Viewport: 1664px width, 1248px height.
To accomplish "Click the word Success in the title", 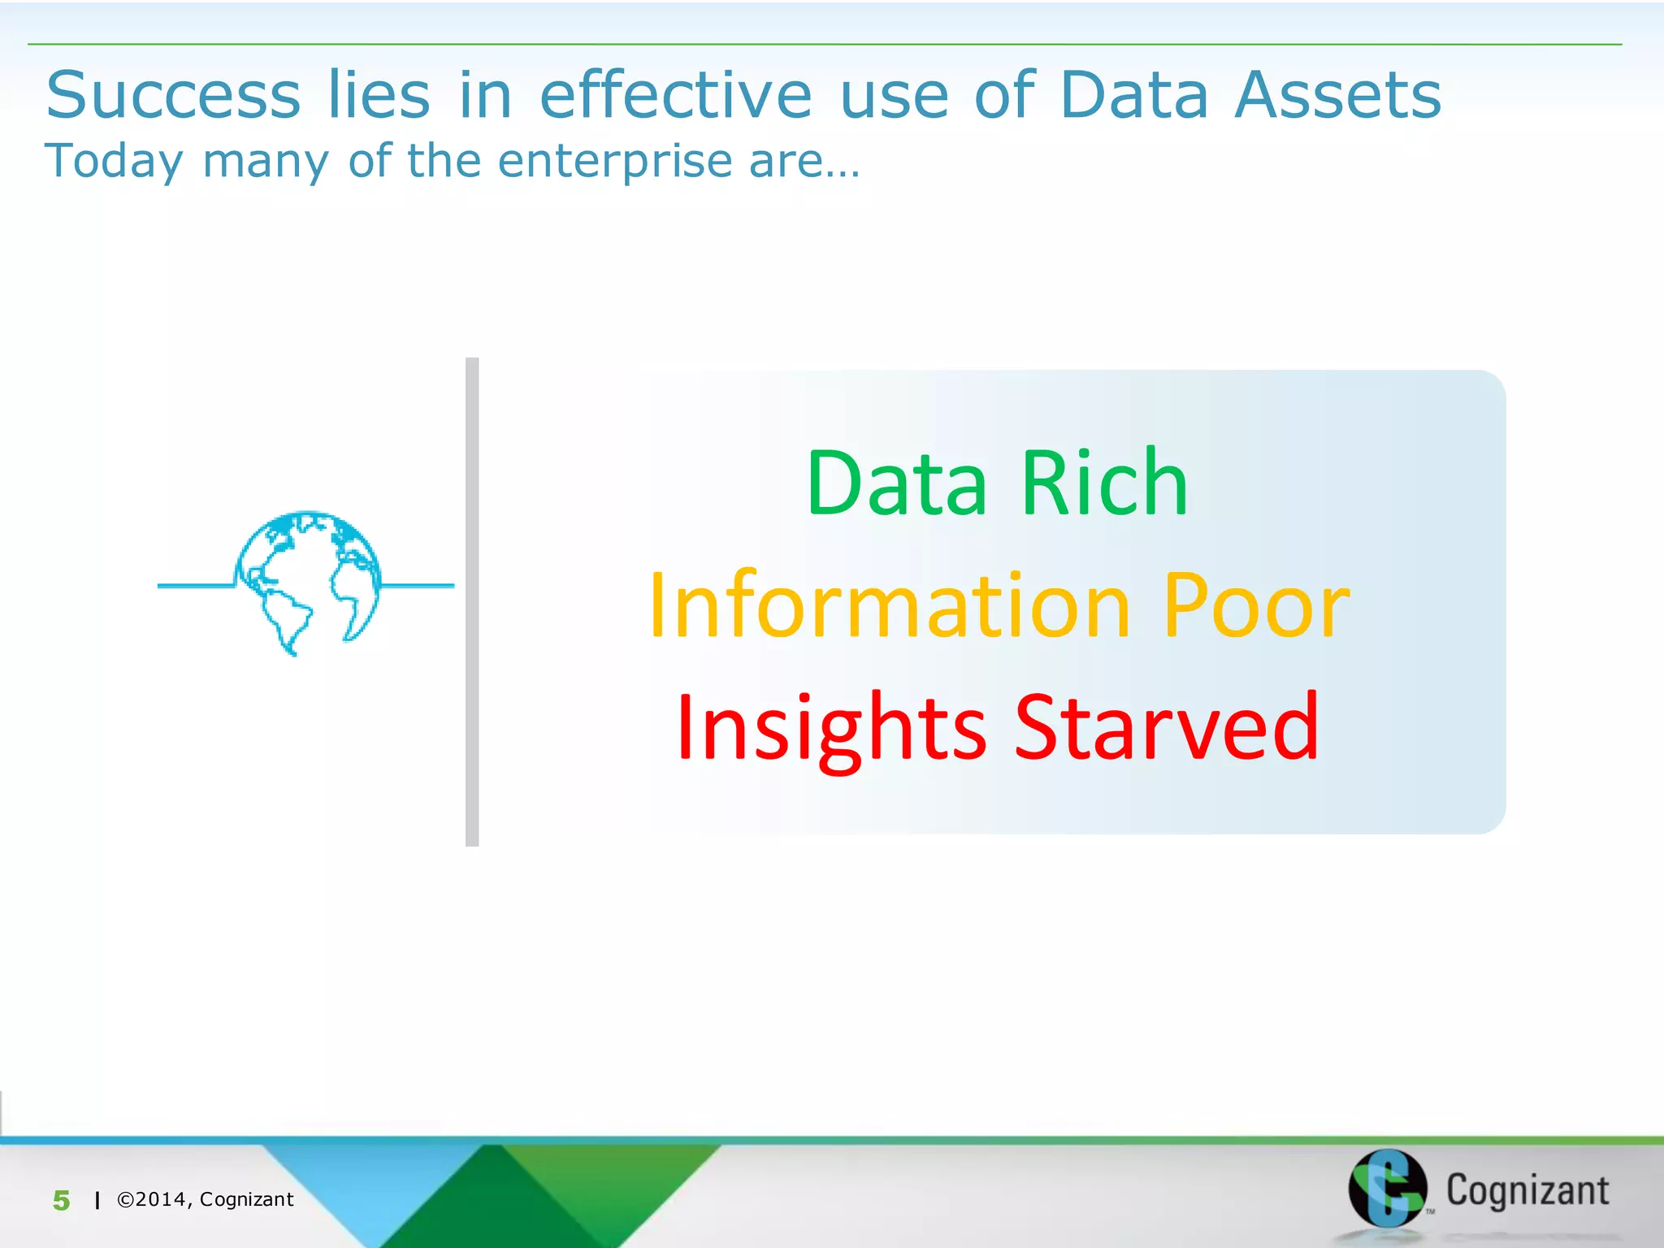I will coord(173,96).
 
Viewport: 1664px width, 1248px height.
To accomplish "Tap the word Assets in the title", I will coord(1337,96).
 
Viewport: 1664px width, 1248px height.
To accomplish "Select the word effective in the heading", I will coord(675,96).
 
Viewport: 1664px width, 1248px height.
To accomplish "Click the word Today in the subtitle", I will coord(114,162).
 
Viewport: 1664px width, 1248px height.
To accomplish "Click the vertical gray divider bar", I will coord(472,601).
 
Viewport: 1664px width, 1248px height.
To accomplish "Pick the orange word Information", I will coord(890,606).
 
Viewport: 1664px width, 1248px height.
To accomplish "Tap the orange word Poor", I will coord(1256,606).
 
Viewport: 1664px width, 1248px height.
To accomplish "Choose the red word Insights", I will coord(831,728).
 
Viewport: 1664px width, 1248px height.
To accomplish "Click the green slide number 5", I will coord(62,1200).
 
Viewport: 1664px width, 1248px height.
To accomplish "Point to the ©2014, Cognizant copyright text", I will coord(206,1199).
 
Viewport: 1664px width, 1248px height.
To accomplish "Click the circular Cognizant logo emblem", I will coord(1387,1188).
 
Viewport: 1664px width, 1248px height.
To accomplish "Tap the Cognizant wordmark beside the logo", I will coord(1527,1191).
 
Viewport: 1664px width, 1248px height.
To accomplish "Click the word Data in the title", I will coord(1134,96).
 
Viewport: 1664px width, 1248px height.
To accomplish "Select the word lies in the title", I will coord(379,96).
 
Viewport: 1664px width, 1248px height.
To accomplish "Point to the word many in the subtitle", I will coord(266,162).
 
